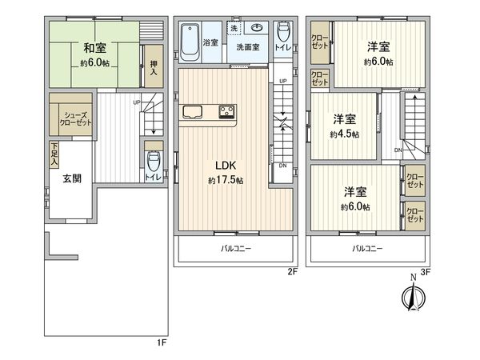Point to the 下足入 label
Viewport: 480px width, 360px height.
point(54,153)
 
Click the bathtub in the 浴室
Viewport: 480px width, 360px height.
point(190,42)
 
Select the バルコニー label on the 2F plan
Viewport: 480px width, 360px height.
point(236,249)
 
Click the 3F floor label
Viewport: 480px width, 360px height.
point(426,272)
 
